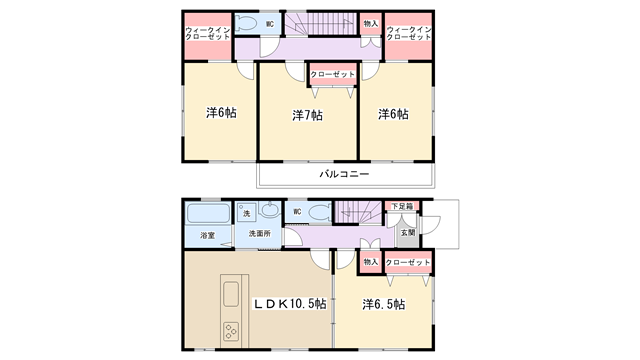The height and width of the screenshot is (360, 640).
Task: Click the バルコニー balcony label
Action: (x=344, y=174)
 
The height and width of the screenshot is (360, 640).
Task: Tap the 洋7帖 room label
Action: (x=307, y=116)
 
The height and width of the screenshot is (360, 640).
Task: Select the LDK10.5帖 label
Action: (x=290, y=304)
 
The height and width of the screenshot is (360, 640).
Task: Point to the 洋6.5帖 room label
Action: (x=384, y=304)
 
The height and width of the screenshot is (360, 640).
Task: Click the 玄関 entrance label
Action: (x=407, y=232)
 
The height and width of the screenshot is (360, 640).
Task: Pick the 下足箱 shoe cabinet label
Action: (x=402, y=206)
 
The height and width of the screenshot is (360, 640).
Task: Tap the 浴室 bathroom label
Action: (x=208, y=236)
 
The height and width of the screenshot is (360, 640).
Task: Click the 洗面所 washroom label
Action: (x=260, y=233)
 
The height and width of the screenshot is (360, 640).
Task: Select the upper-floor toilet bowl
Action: (x=246, y=24)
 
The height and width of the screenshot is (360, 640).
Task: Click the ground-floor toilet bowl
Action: (x=320, y=212)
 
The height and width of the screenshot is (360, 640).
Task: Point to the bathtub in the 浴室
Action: (x=208, y=213)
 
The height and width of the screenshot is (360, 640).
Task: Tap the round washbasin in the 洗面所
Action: (x=269, y=210)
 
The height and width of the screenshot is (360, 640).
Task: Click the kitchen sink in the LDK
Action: (x=231, y=294)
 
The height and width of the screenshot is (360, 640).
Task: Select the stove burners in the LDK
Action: (x=231, y=331)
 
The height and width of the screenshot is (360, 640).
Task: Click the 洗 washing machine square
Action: (x=247, y=213)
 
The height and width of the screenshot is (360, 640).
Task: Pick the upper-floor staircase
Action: (x=321, y=24)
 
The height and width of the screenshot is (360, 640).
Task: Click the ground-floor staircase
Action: (x=359, y=212)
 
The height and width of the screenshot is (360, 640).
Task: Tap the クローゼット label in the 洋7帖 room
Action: (x=333, y=75)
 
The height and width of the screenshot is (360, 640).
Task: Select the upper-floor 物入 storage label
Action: (x=371, y=24)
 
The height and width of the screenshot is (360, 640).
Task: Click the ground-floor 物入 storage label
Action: (x=371, y=262)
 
